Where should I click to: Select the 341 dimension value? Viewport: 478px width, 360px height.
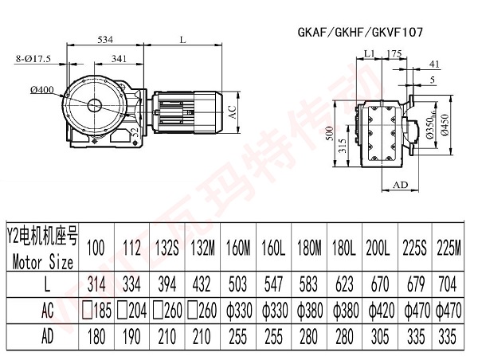click(121, 57)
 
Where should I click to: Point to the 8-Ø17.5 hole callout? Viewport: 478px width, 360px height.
click(33, 57)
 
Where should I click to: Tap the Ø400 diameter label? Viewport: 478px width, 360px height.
click(42, 90)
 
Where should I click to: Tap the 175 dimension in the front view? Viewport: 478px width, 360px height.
click(393, 53)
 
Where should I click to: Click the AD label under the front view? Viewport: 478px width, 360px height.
click(402, 184)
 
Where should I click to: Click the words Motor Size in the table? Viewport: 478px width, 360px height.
click(44, 260)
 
